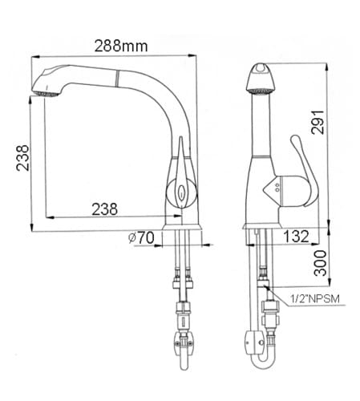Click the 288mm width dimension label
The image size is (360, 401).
[x=121, y=46]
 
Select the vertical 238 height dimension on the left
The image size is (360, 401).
[x=22, y=158]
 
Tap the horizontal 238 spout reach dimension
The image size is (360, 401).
[x=104, y=209]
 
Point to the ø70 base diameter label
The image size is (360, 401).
[x=141, y=237]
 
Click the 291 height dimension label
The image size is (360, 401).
[x=318, y=122]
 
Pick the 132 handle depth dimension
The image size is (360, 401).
[x=296, y=237]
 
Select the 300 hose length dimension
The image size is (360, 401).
[x=320, y=263]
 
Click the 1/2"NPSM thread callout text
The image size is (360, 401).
[x=314, y=298]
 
